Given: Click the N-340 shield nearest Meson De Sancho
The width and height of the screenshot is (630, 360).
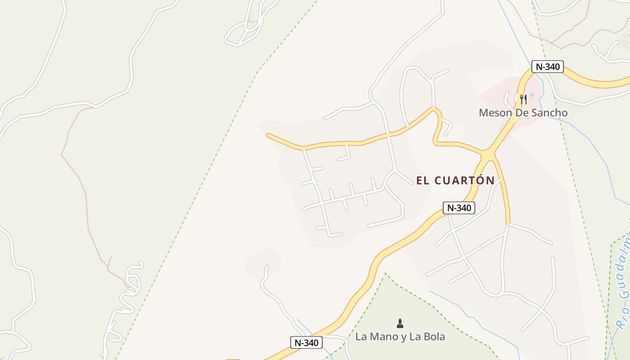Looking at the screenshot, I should [547, 67].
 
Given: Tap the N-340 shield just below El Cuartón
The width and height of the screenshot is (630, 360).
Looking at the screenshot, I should [459, 207].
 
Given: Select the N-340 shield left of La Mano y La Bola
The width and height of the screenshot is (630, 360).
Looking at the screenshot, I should [306, 342].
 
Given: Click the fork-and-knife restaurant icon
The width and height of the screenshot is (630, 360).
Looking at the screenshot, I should [523, 99].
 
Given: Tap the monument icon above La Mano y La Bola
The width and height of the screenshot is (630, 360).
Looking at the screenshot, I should [400, 323].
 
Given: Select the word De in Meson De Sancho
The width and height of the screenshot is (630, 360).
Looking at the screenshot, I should [520, 112].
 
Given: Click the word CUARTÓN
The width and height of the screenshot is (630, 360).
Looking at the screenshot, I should [464, 181].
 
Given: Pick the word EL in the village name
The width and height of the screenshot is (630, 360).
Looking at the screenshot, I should [422, 181].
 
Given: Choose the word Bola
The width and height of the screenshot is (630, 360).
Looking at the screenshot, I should [432, 337].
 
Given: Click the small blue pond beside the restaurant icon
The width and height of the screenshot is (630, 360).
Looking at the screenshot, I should [532, 95].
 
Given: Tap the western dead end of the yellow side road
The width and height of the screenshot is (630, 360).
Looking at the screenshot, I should [268, 135].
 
